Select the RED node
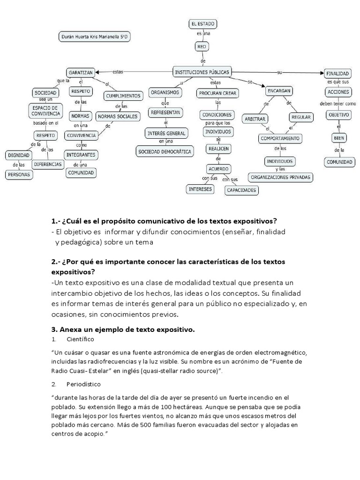pyautogui.click(x=202, y=46)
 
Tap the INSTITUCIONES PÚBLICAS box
pyautogui.click(x=202, y=72)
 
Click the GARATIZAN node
pyautogui.click(x=81, y=73)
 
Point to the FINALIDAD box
pyautogui.click(x=337, y=74)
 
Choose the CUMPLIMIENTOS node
pyautogui.click(x=123, y=96)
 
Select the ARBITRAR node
pyautogui.click(x=255, y=118)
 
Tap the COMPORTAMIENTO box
pyautogui.click(x=280, y=139)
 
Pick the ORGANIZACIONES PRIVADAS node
pyautogui.click(x=281, y=177)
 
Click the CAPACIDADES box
pyautogui.click(x=241, y=190)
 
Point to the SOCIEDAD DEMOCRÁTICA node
pyautogui.click(x=165, y=151)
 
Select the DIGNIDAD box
pyautogui.click(x=19, y=155)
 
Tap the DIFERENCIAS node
pyautogui.click(x=47, y=164)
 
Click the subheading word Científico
pyautogui.click(x=80, y=339)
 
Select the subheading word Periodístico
pyautogui.click(x=83, y=384)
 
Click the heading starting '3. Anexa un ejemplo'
pyautogui.click(x=122, y=330)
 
